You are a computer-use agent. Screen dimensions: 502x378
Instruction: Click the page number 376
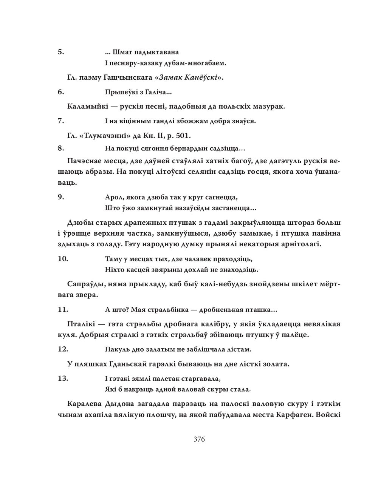[199, 439]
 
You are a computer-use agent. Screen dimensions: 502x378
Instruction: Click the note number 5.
[60, 52]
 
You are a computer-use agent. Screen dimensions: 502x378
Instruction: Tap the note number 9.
[60, 197]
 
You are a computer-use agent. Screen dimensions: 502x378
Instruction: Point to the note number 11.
[62, 309]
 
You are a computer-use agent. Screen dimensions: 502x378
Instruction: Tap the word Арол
[112, 197]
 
